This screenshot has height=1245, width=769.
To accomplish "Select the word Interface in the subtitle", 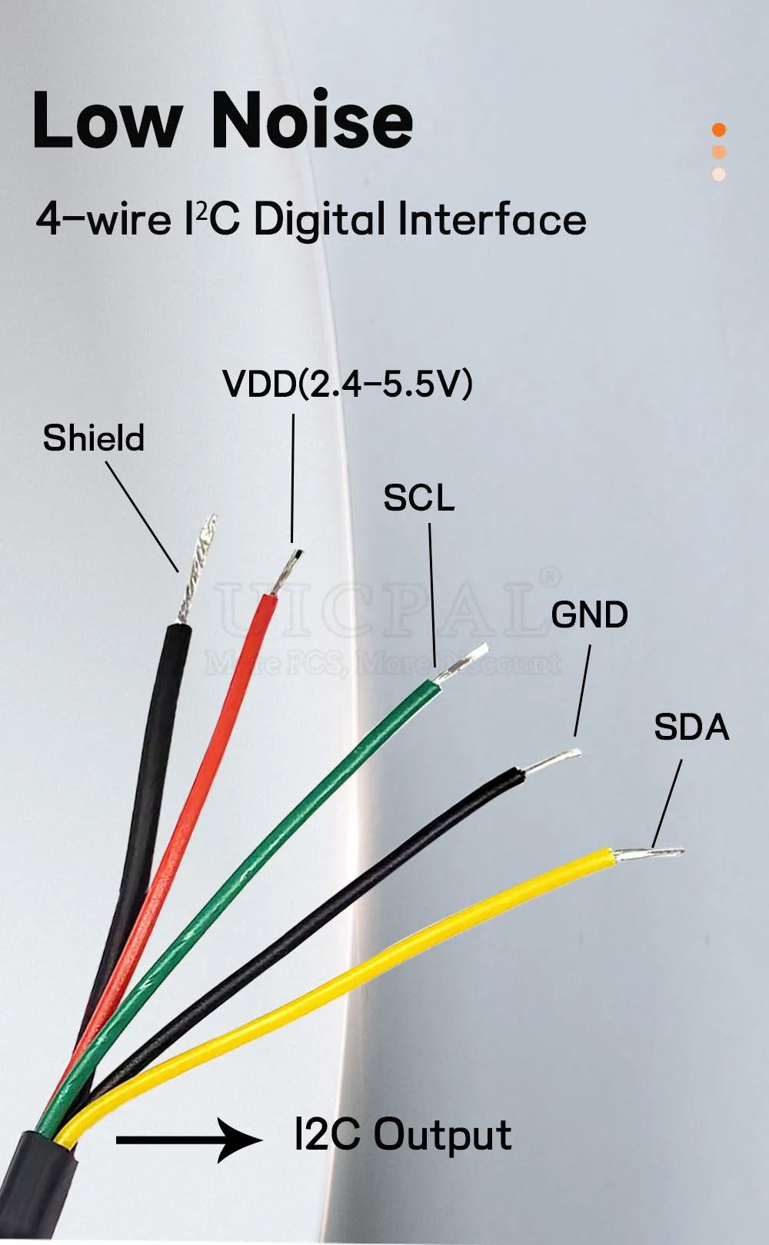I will (x=492, y=219).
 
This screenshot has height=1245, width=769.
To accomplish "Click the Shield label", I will (x=94, y=438).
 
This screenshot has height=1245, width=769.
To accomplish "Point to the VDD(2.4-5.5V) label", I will (x=347, y=383).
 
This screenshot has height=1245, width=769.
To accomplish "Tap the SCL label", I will (x=418, y=498).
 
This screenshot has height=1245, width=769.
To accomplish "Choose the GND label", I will (x=589, y=615).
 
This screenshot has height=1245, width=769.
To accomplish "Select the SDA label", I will (x=691, y=727).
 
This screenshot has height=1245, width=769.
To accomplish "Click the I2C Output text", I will (x=403, y=1135).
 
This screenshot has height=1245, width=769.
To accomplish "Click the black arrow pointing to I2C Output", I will (x=188, y=1139).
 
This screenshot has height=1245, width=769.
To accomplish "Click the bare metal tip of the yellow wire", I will (x=650, y=852).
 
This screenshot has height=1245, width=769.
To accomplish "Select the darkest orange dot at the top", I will (x=719, y=129).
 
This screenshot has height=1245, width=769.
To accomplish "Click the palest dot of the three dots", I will (x=719, y=174).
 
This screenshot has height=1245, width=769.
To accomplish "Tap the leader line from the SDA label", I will (x=667, y=804).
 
